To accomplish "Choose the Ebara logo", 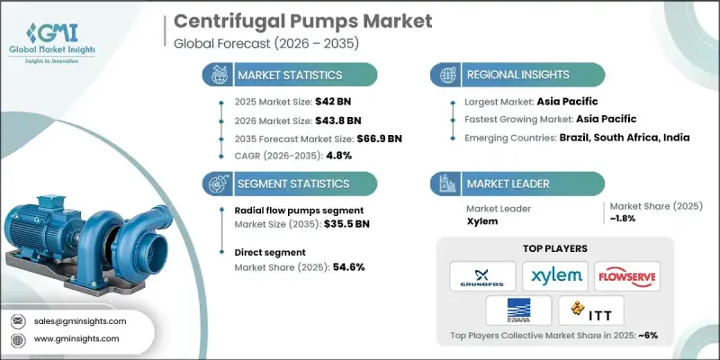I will (518, 310).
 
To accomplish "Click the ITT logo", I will (591, 310).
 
